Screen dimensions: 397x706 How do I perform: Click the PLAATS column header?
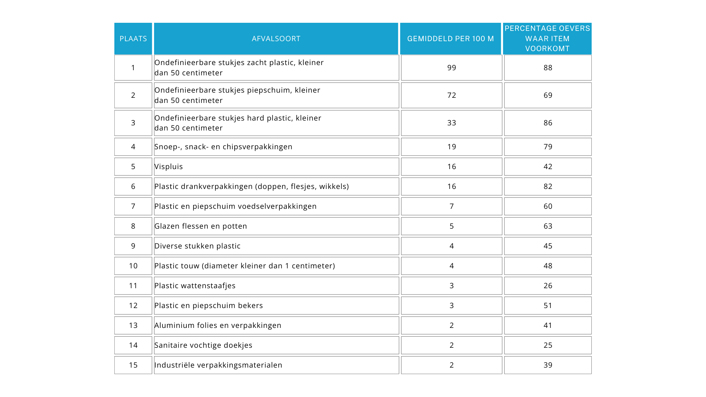click(133, 39)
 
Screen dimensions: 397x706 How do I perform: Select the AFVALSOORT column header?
click(276, 39)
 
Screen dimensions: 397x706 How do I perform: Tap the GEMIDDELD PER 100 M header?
click(450, 39)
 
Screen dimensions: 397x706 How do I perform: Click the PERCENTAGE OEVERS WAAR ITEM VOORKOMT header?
click(547, 39)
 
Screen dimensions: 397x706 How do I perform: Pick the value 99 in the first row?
click(452, 68)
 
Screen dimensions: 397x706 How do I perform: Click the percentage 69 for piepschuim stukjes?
click(548, 95)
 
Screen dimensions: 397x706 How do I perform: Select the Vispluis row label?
click(168, 167)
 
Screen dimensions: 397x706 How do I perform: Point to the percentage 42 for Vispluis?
click(548, 167)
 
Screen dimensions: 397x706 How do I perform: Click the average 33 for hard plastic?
click(452, 123)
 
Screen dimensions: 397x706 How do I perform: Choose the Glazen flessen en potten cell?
click(201, 226)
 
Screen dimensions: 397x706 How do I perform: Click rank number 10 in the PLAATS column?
click(133, 266)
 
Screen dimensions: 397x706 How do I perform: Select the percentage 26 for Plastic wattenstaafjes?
click(548, 286)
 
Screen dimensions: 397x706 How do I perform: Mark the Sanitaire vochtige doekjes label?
click(203, 345)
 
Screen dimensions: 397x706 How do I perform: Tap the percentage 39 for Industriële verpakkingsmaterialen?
click(548, 365)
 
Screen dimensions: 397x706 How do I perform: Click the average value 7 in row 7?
click(452, 206)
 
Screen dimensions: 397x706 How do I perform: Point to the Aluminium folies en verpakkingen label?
click(218, 325)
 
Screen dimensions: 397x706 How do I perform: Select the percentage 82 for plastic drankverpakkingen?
click(548, 186)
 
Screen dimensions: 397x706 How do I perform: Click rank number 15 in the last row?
click(133, 365)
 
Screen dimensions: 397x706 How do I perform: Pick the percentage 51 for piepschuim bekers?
click(548, 305)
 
